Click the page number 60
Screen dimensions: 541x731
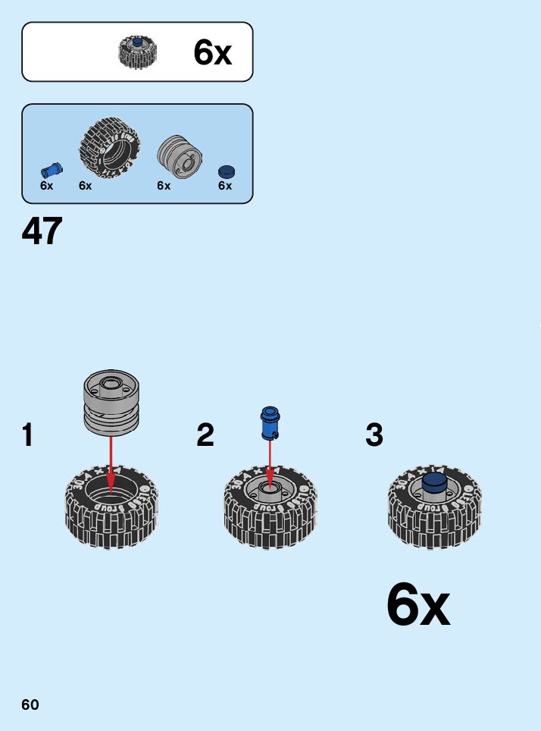[30, 704]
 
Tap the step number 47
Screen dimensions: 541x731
[42, 231]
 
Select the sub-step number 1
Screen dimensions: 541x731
[28, 435]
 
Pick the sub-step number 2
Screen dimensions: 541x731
[205, 435]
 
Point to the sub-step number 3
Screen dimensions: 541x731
[374, 435]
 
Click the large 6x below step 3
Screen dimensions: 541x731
[417, 605]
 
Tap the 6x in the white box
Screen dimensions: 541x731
[212, 52]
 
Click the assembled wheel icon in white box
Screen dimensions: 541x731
[136, 52]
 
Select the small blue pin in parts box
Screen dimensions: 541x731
[52, 168]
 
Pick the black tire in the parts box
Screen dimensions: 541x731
[110, 147]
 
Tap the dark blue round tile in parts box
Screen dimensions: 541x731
[226, 171]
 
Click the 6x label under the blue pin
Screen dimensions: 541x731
[47, 186]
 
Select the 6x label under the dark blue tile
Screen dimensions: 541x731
[225, 186]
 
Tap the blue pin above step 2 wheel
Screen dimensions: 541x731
[269, 423]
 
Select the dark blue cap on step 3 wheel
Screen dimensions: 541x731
[433, 483]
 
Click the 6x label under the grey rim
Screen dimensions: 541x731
[164, 186]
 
